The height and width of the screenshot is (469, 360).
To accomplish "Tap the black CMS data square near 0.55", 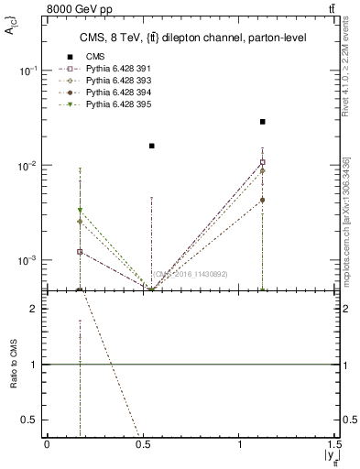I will point(152,146).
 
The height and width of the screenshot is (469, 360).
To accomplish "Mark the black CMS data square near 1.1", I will point(263,122).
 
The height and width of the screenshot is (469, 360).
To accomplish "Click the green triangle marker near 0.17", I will point(81,211).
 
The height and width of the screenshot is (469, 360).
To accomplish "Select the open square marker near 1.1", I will point(263,162).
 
